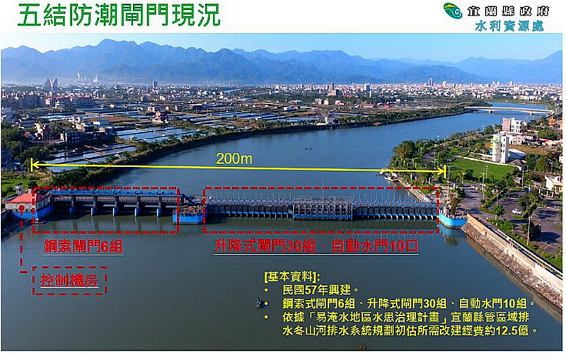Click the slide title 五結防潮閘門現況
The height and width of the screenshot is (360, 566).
[119, 15]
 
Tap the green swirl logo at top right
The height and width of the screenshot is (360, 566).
[453, 11]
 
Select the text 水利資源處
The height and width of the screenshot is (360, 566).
[509, 26]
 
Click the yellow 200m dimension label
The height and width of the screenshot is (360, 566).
[234, 158]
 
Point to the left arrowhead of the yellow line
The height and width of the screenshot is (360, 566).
[33, 166]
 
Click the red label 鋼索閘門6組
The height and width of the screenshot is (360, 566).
[83, 246]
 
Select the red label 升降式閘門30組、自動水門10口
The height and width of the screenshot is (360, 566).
[316, 246]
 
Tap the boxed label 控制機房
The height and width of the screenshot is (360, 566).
[69, 280]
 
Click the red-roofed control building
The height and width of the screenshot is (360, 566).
[28, 204]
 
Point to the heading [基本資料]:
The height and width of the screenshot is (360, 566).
[292, 277]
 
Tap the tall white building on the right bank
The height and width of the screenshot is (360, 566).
[501, 148]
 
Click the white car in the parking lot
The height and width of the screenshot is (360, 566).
[517, 211]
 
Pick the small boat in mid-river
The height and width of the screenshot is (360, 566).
[308, 148]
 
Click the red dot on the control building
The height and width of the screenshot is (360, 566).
[22, 208]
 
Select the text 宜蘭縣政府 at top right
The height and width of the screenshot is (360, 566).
[508, 11]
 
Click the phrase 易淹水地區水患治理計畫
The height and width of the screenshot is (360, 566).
[378, 317]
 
